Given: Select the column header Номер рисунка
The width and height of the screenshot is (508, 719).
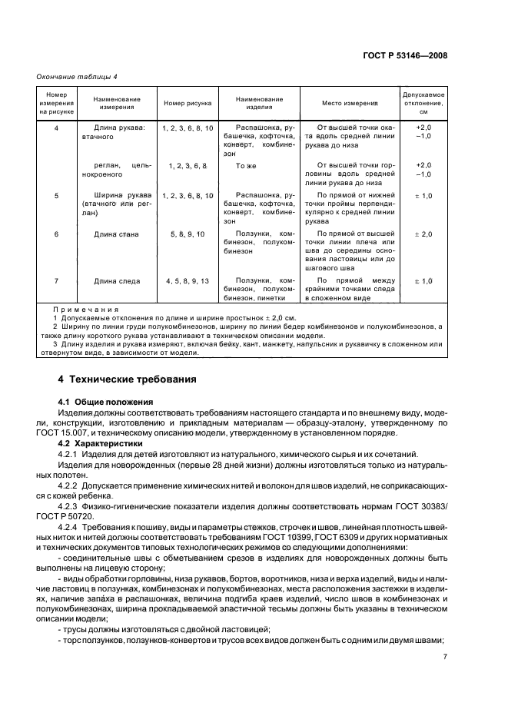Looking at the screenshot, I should (188, 103).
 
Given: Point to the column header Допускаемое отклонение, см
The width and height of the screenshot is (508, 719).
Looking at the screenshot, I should (423, 103).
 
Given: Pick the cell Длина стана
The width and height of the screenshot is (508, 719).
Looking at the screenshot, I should (117, 234).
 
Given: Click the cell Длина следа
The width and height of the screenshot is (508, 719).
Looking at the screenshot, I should (117, 281).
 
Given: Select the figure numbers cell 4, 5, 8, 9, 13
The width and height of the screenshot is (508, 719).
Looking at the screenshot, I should (188, 281).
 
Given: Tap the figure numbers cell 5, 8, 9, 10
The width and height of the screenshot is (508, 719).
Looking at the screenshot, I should (188, 234).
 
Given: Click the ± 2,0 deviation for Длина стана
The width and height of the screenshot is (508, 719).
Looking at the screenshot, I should (423, 234).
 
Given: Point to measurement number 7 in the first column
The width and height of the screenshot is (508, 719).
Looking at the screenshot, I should (56, 281).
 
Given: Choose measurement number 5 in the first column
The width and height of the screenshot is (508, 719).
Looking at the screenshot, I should (56, 196).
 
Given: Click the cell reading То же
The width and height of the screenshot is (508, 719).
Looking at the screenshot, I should (245, 165).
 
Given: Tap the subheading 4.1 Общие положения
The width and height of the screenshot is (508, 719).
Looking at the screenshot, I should (106, 402).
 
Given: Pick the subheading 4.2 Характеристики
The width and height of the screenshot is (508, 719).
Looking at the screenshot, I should (102, 443).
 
